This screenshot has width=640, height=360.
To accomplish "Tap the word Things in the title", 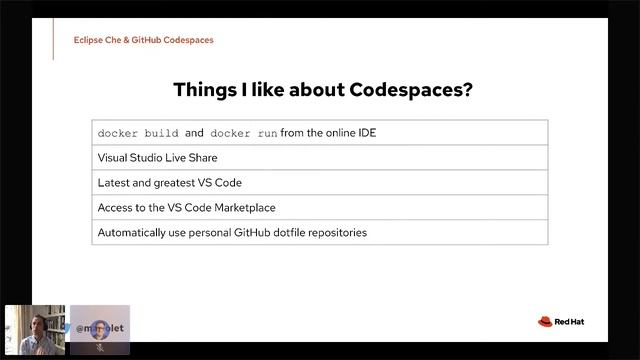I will click(x=206, y=89).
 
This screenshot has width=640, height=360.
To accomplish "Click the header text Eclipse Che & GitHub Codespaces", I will click(x=143, y=40).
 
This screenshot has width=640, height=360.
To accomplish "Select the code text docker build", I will click(x=138, y=133).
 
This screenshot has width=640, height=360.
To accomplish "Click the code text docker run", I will click(x=244, y=133).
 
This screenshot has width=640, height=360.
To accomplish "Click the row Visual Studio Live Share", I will click(x=157, y=158).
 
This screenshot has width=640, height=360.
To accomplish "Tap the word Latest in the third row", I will click(x=115, y=183).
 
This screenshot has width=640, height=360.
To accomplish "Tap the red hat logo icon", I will click(x=545, y=321).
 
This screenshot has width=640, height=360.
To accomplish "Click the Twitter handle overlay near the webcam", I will click(x=100, y=326).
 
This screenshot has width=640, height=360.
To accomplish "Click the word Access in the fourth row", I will click(x=115, y=208).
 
